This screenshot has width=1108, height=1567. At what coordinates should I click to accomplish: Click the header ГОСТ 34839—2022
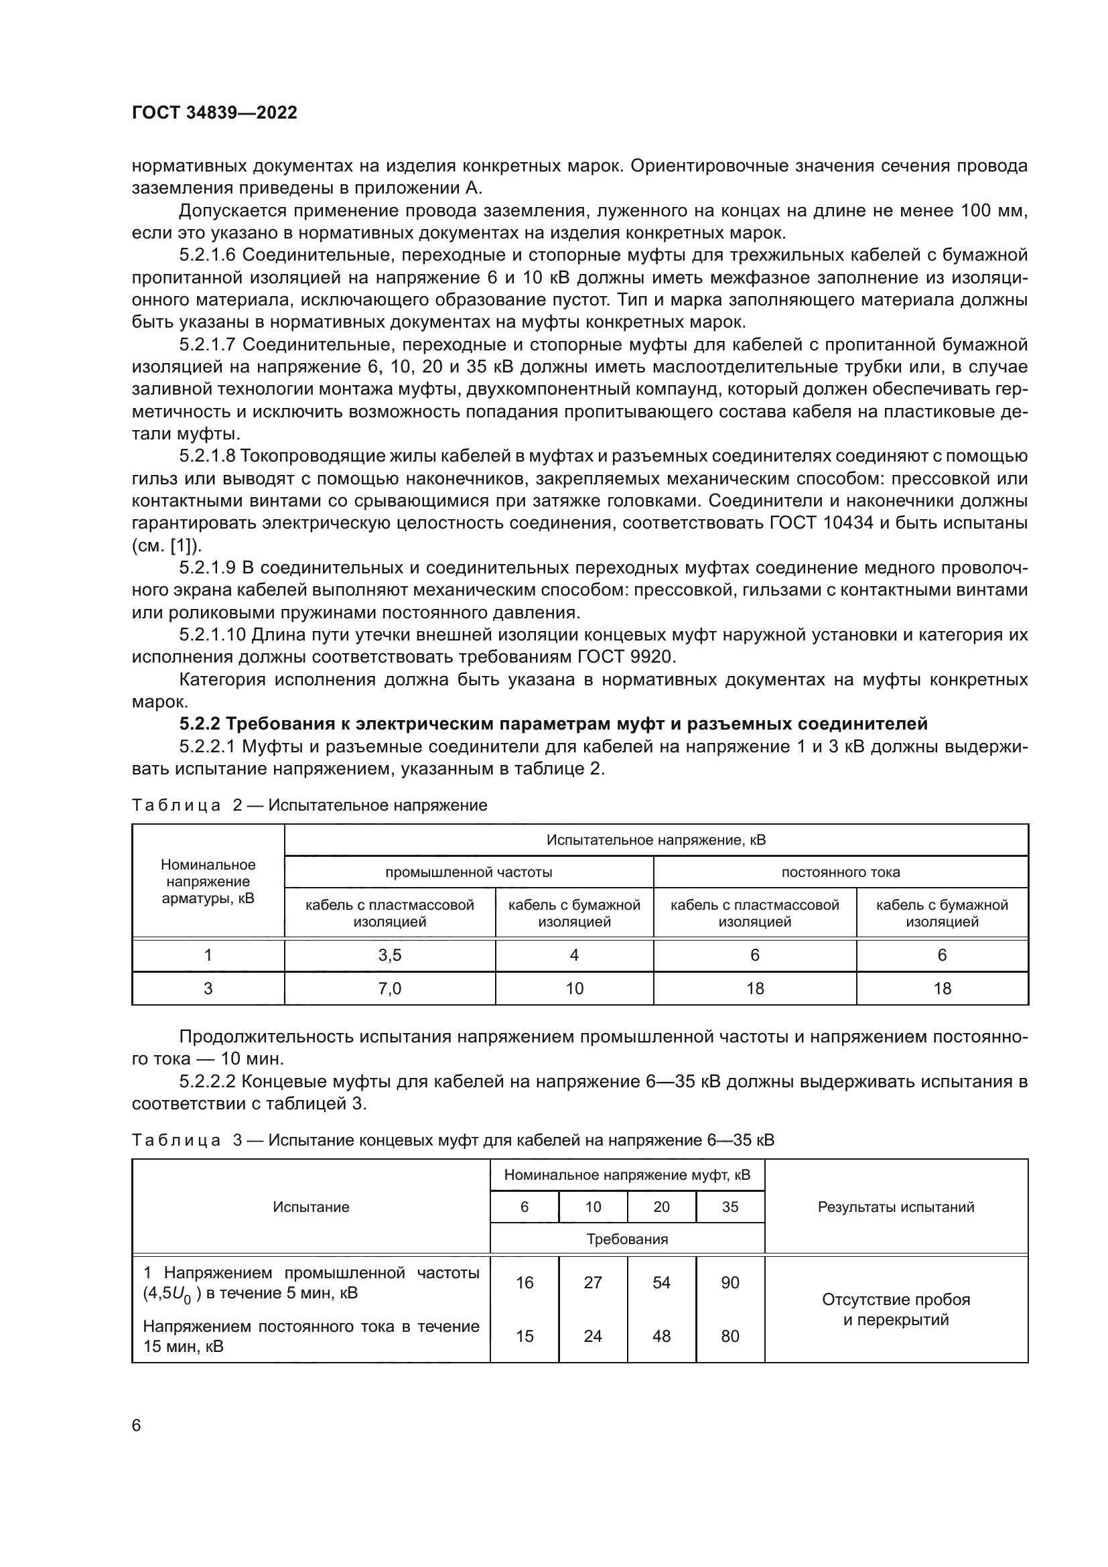click(x=214, y=113)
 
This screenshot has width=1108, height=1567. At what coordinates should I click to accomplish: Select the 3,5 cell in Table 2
click(x=390, y=955)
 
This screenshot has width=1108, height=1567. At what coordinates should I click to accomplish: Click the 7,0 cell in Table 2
click(x=390, y=988)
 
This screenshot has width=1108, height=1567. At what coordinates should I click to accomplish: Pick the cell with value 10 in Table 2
click(x=575, y=988)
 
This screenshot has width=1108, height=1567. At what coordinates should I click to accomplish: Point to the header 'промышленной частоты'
click(x=469, y=872)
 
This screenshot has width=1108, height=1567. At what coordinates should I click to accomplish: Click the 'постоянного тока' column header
click(x=841, y=872)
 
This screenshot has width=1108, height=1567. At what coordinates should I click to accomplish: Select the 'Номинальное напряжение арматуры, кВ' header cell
click(x=208, y=881)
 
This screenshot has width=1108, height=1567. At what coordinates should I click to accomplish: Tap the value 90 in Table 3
click(x=730, y=1282)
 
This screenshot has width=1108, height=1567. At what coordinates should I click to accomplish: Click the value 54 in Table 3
click(x=661, y=1282)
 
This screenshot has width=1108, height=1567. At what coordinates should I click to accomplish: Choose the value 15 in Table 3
click(x=524, y=1336)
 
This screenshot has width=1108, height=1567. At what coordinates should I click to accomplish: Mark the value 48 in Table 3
click(x=661, y=1336)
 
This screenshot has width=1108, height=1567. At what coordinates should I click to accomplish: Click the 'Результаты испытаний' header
click(x=896, y=1207)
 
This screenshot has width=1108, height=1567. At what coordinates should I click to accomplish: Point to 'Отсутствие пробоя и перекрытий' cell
click(x=896, y=1309)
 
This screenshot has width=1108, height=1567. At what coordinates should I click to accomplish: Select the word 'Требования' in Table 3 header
click(x=627, y=1239)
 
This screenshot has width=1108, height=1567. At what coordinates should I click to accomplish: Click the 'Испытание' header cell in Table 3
click(x=311, y=1207)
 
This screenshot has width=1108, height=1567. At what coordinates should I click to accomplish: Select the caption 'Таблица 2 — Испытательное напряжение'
click(x=309, y=805)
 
